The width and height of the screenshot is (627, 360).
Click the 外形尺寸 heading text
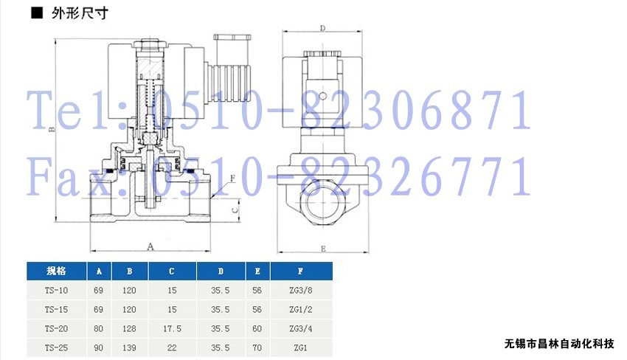point(80,13)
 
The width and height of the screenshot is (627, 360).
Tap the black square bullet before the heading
point(37,13)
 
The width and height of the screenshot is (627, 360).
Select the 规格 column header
point(56,271)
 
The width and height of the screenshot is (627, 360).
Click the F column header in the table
point(301,271)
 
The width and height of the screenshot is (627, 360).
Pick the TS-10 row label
point(56,291)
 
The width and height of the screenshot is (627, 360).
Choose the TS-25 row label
point(56,348)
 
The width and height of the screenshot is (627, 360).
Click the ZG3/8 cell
point(301,291)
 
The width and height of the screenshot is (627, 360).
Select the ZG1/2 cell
point(301,310)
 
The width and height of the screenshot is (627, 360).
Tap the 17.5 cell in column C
point(172,329)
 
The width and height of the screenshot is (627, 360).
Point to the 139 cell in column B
point(129,348)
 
